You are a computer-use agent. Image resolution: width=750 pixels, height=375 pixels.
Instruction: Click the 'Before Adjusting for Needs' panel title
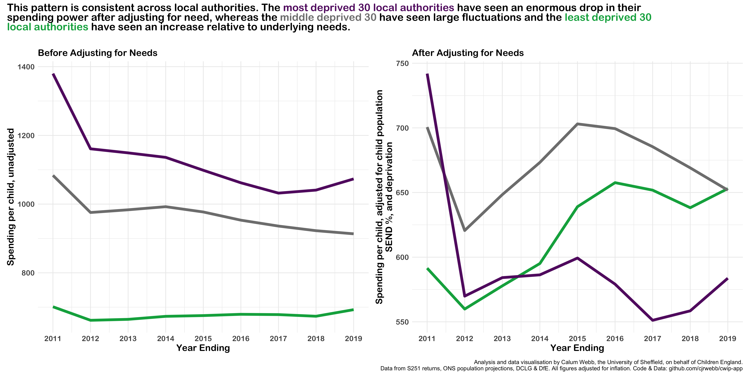click(97, 53)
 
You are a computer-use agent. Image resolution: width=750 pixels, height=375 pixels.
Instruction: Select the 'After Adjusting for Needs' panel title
click(468, 53)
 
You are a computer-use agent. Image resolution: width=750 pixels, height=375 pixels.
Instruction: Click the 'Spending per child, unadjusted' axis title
click(11, 197)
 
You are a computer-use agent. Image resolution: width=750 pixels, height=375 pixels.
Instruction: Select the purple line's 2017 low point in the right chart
click(652, 320)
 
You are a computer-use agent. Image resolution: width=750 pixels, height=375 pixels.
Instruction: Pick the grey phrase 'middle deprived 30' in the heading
click(328, 17)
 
